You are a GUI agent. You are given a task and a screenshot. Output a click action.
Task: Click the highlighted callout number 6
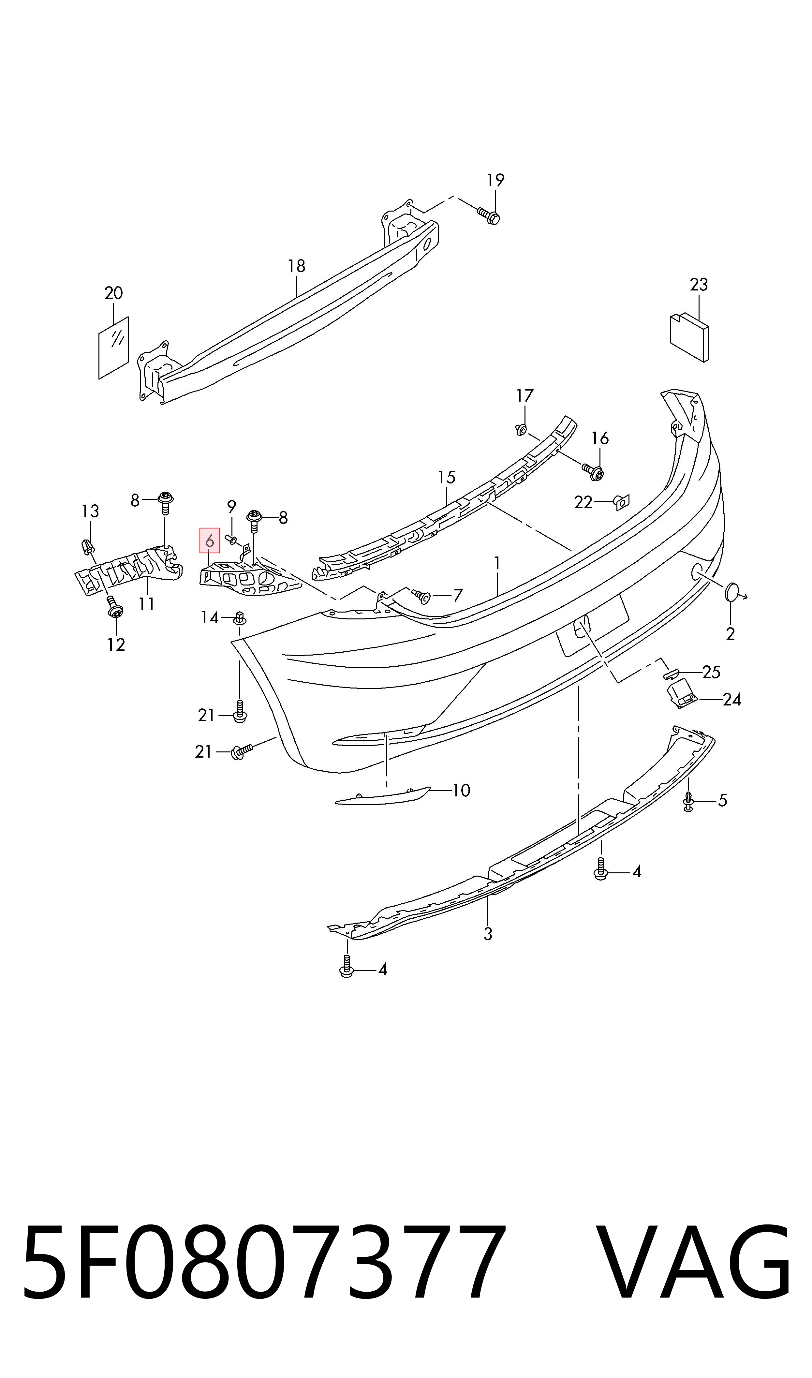[210, 541]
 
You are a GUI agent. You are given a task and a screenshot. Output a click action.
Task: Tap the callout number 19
[495, 180]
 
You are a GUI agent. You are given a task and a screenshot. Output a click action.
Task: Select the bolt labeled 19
[489, 216]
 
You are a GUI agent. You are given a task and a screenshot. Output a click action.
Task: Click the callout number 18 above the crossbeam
[297, 266]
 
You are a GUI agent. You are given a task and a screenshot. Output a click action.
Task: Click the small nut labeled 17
[521, 429]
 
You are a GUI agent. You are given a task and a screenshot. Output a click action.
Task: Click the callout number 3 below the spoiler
[488, 934]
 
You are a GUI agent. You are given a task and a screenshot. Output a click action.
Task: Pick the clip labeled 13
[86, 546]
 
